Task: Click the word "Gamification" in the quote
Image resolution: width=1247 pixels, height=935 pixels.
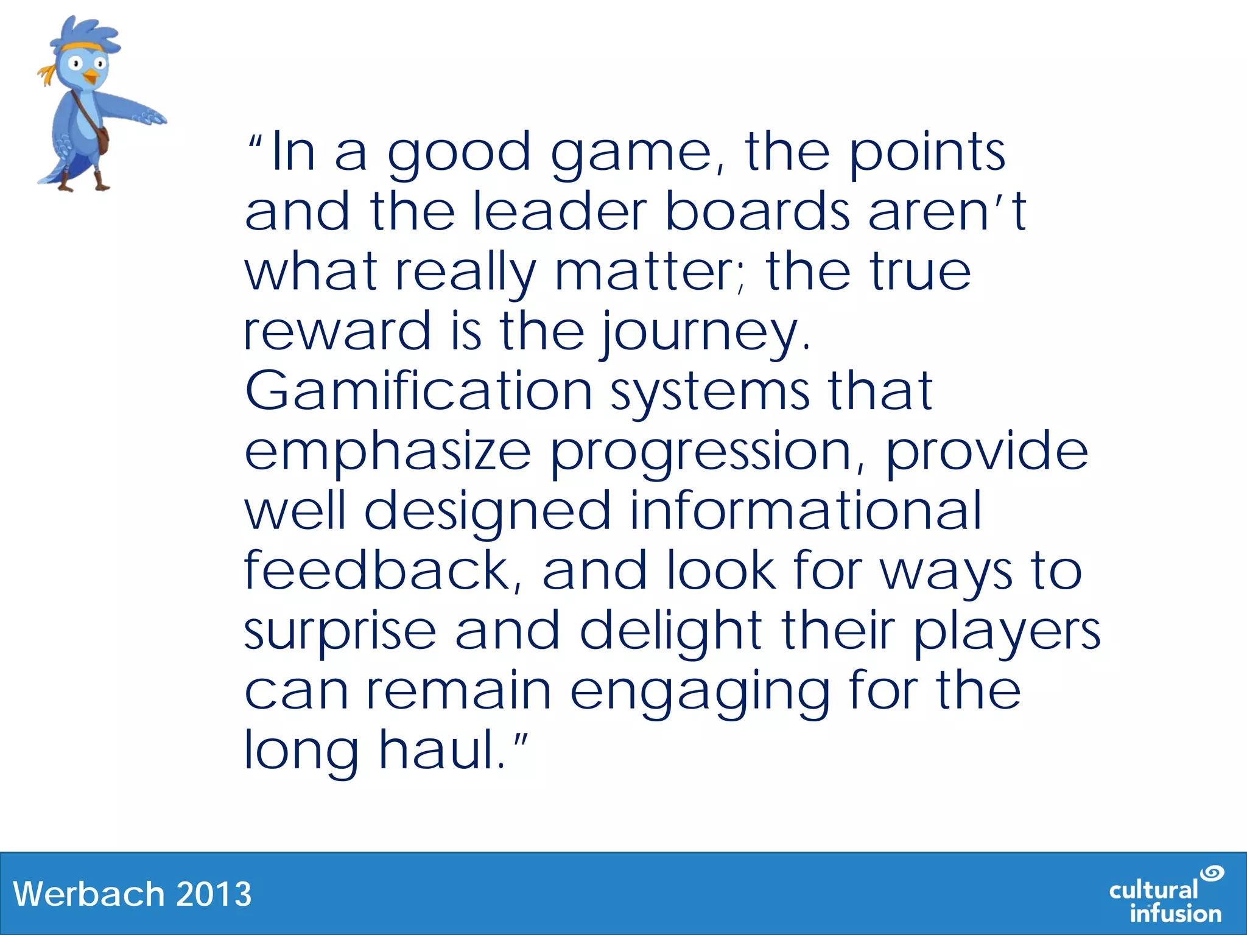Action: [418, 391]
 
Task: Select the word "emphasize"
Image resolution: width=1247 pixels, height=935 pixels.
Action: [388, 452]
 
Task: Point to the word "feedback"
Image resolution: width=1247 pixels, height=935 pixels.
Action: [377, 570]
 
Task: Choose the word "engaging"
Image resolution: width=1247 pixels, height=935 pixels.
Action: [700, 692]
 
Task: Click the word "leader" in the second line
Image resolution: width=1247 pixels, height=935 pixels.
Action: [559, 212]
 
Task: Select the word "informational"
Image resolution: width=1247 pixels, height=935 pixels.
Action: [805, 511]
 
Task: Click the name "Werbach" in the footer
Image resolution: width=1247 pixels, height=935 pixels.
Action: [89, 894]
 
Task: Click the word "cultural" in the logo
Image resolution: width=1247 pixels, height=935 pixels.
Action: [1153, 890]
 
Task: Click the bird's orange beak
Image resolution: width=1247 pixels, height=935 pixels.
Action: [91, 77]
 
